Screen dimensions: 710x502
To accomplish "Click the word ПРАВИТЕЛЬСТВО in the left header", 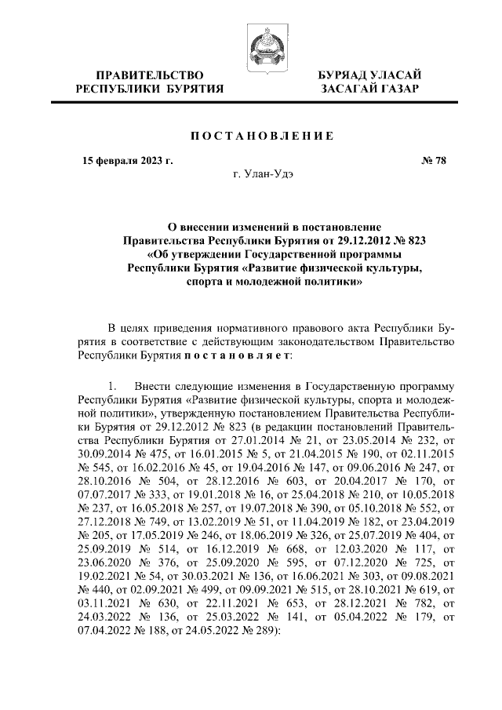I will pos(149,75).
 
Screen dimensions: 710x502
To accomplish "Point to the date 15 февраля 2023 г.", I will pos(128,162).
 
